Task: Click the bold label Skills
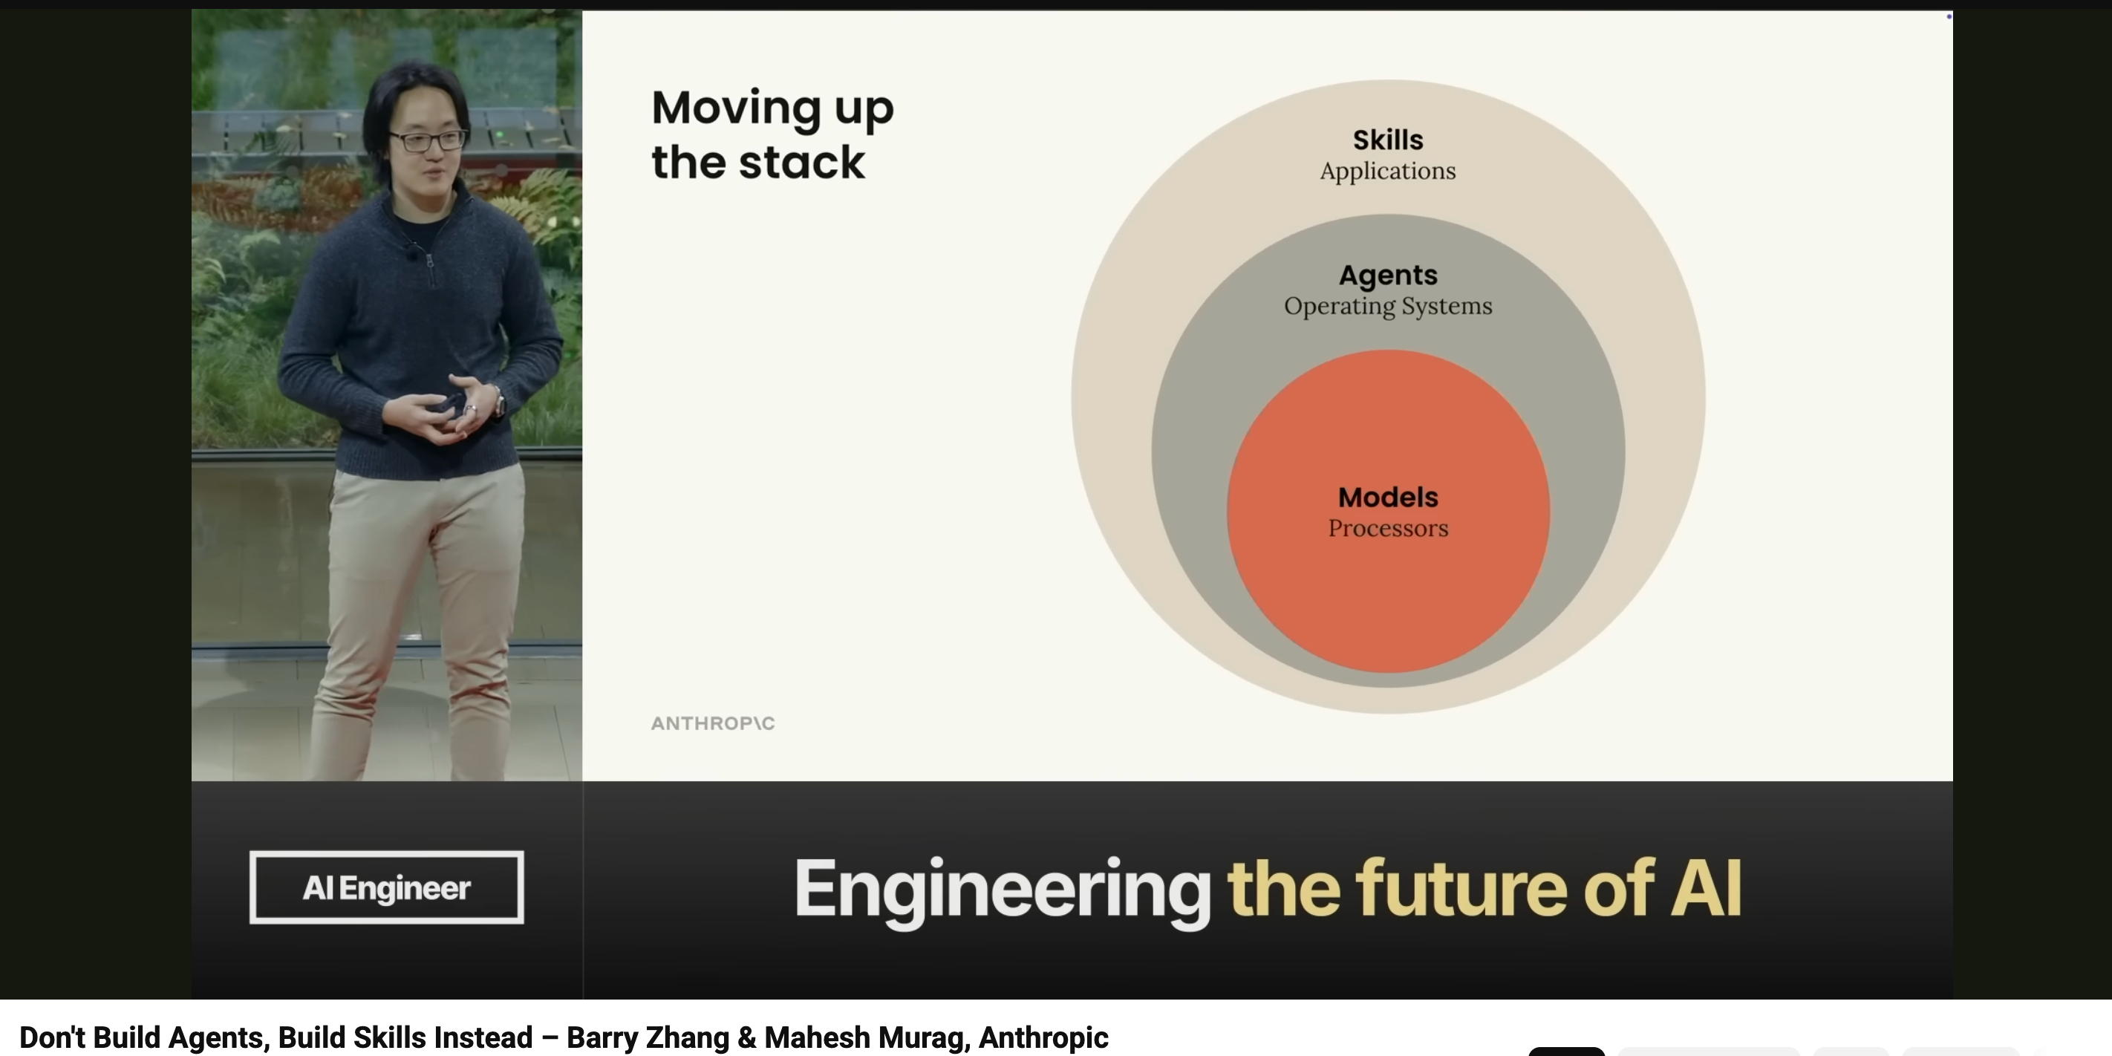1387,140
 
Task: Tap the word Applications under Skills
1387,172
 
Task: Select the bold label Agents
1388,276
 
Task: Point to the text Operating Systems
1388,307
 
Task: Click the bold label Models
1388,497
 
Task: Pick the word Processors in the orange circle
1388,528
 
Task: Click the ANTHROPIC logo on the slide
712,723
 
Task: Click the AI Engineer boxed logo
386,887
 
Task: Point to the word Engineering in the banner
1002,890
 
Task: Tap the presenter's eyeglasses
428,140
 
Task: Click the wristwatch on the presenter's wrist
498,401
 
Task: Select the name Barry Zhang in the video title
647,1037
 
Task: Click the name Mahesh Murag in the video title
867,1037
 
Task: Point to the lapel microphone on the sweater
410,252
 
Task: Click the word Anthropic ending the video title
1043,1037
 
